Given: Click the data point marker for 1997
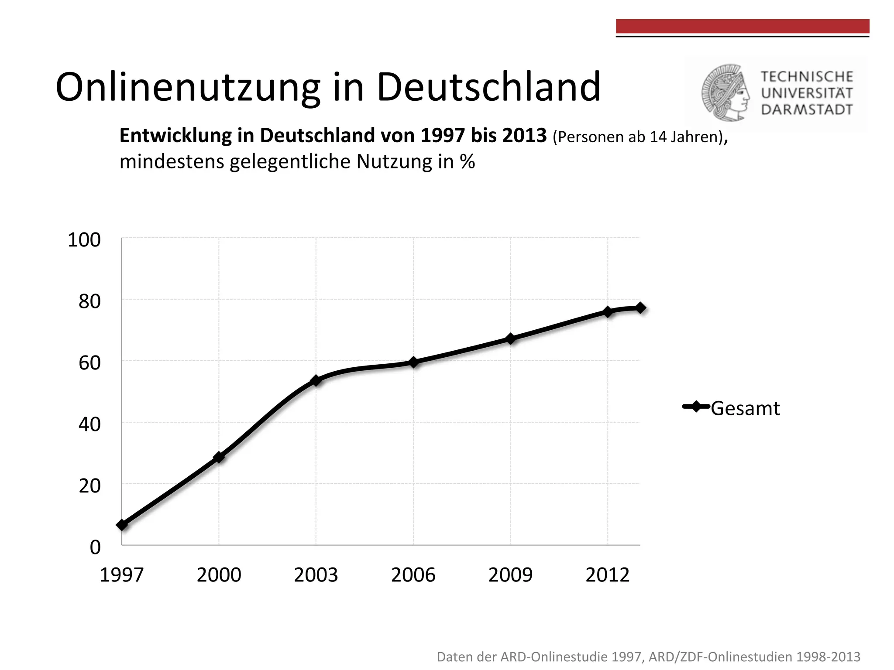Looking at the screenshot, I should [x=122, y=525].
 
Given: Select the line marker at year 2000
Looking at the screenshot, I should [x=219, y=457].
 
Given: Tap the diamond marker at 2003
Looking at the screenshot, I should [x=316, y=380].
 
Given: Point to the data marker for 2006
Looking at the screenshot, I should [x=413, y=362].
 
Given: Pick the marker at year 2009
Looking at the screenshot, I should [x=510, y=338].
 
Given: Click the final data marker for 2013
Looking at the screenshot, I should [x=640, y=308].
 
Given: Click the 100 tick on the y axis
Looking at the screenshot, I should [x=84, y=240].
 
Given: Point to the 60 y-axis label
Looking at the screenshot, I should [x=89, y=363].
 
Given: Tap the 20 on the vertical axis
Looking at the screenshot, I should [x=89, y=486].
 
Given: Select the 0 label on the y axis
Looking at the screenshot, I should [x=95, y=547].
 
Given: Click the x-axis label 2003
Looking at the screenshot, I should [x=316, y=575].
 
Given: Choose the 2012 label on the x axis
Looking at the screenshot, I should [x=607, y=575].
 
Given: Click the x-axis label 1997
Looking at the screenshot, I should [x=121, y=575].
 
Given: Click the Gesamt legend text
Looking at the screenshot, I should [x=745, y=409].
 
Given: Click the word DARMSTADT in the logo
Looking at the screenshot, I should [x=807, y=109].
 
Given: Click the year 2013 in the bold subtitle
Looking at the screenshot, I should [x=524, y=136].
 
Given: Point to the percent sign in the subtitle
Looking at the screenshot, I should [x=467, y=162].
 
